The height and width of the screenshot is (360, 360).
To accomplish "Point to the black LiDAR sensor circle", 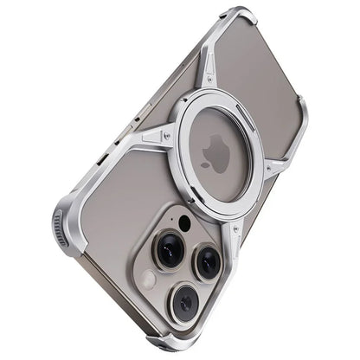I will coord(184,223).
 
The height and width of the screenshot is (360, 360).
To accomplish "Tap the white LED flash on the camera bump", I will coord(150,280).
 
